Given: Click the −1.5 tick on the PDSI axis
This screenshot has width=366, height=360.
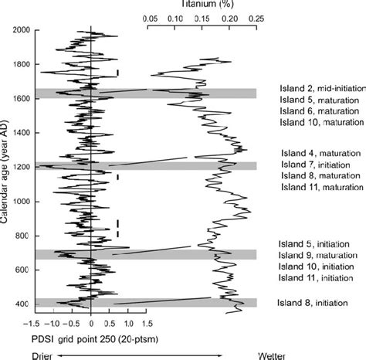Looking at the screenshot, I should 32,326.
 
